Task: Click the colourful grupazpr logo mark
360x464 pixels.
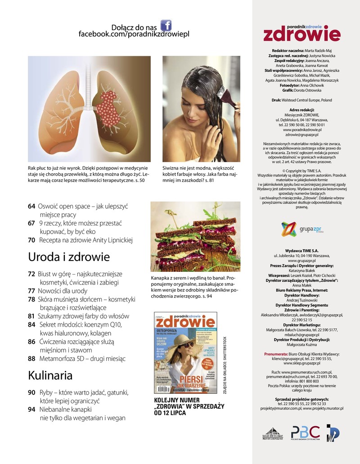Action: click(289, 230)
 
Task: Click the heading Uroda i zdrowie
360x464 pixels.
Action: click(69, 257)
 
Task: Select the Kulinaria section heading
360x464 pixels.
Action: click(50, 375)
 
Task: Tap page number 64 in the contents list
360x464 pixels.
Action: click(31, 206)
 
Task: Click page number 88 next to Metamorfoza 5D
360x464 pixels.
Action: click(31, 359)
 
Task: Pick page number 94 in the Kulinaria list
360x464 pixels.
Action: click(31, 409)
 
